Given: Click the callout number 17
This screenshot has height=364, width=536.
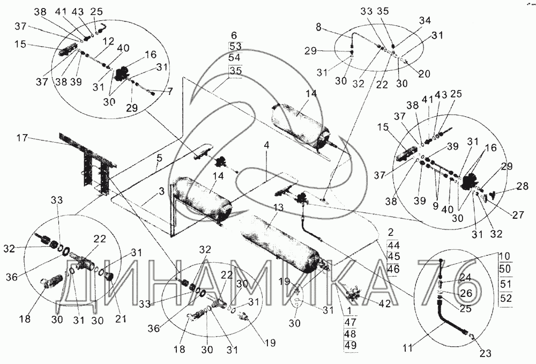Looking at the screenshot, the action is coord(23,139).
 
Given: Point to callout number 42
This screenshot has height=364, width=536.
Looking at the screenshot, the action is coord(385,303).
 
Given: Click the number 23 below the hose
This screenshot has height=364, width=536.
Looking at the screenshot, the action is coord(486,353).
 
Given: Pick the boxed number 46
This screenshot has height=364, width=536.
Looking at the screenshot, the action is coord(393,269).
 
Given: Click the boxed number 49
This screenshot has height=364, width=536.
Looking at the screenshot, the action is coord(351,345).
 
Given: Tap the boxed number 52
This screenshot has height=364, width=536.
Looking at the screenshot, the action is coord(505,298).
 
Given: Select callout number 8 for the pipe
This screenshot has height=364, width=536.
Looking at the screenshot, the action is coord(319,27).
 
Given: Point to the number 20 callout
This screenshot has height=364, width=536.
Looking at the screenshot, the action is coord(424,73).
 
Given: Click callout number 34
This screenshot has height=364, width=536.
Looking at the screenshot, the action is coord(425,21).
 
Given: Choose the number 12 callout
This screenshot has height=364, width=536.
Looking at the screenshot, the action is coord(109,42).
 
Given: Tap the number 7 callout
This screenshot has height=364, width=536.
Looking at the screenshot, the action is coord(170,92).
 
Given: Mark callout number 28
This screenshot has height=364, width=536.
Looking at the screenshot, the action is coord(522,185).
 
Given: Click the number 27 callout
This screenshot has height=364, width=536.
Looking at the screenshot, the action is coord(518,214).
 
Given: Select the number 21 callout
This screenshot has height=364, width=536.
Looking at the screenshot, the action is coord(120,318).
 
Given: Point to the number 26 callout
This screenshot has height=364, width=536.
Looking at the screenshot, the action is coord(466,293).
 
